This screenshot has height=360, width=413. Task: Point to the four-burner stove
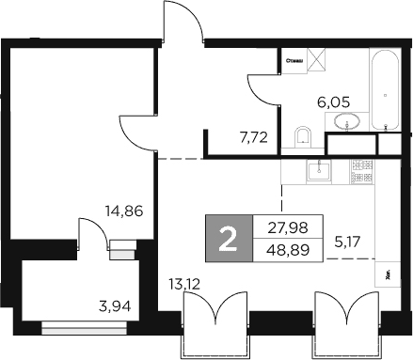361,171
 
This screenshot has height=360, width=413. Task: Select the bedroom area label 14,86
125,211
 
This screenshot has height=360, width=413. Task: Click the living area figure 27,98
285,227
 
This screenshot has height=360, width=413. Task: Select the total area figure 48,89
285,251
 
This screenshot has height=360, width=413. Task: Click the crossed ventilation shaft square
321,58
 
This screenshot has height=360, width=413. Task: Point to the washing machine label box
293,59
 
